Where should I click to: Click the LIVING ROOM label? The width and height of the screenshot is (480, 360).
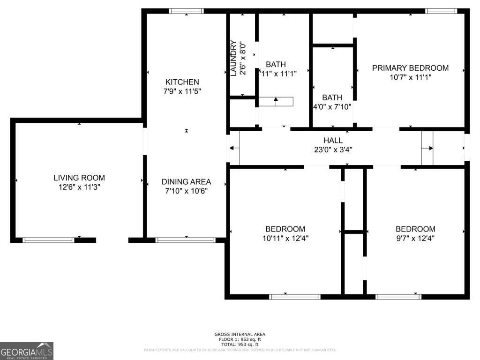point(79,178)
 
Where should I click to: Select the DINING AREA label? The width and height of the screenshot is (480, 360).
point(186,182)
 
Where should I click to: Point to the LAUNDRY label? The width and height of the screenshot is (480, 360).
point(233,58)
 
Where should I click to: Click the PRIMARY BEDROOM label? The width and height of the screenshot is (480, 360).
point(410,68)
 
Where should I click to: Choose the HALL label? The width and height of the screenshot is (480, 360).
point(333,140)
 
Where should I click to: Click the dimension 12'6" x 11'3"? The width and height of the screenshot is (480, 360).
point(79,187)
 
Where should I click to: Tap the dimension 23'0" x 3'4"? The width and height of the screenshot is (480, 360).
point(333,150)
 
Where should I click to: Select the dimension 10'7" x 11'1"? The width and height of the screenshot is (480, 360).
point(410,77)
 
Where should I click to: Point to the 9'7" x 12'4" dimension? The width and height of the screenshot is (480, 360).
point(415,238)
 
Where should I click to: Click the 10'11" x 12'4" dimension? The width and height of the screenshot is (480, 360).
point(285,238)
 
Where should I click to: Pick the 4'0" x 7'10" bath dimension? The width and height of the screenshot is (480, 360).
point(332,107)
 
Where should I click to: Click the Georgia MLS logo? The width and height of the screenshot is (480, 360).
point(27,351)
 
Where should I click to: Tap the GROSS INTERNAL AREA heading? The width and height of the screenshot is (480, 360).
point(240,334)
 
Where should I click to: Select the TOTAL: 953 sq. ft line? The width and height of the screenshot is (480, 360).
point(240,345)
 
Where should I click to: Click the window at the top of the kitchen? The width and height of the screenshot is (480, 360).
point(186,11)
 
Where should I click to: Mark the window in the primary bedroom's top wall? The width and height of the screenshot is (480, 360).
point(441,11)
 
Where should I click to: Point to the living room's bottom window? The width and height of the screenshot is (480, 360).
point(49,240)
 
